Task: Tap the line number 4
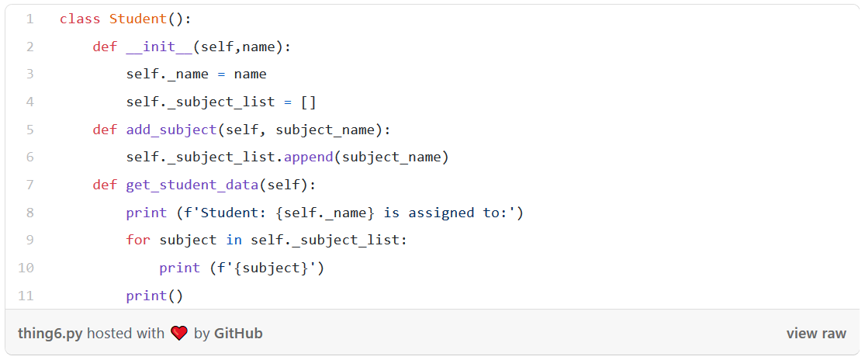pyautogui.click(x=29, y=102)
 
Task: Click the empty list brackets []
pyautogui.click(x=308, y=102)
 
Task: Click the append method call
pyautogui.click(x=308, y=157)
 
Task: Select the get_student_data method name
pyautogui.click(x=192, y=185)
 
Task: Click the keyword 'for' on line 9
pyautogui.click(x=138, y=240)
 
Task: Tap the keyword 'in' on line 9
pyautogui.click(x=234, y=240)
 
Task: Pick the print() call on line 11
pyautogui.click(x=154, y=296)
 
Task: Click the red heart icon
pyautogui.click(x=179, y=334)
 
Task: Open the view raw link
pyautogui.click(x=816, y=334)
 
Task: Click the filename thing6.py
pyautogui.click(x=50, y=334)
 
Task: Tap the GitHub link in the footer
pyautogui.click(x=238, y=334)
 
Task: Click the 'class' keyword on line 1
pyautogui.click(x=80, y=19)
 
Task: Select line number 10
pyautogui.click(x=26, y=268)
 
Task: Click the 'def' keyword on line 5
pyautogui.click(x=105, y=130)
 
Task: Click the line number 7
pyautogui.click(x=29, y=185)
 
